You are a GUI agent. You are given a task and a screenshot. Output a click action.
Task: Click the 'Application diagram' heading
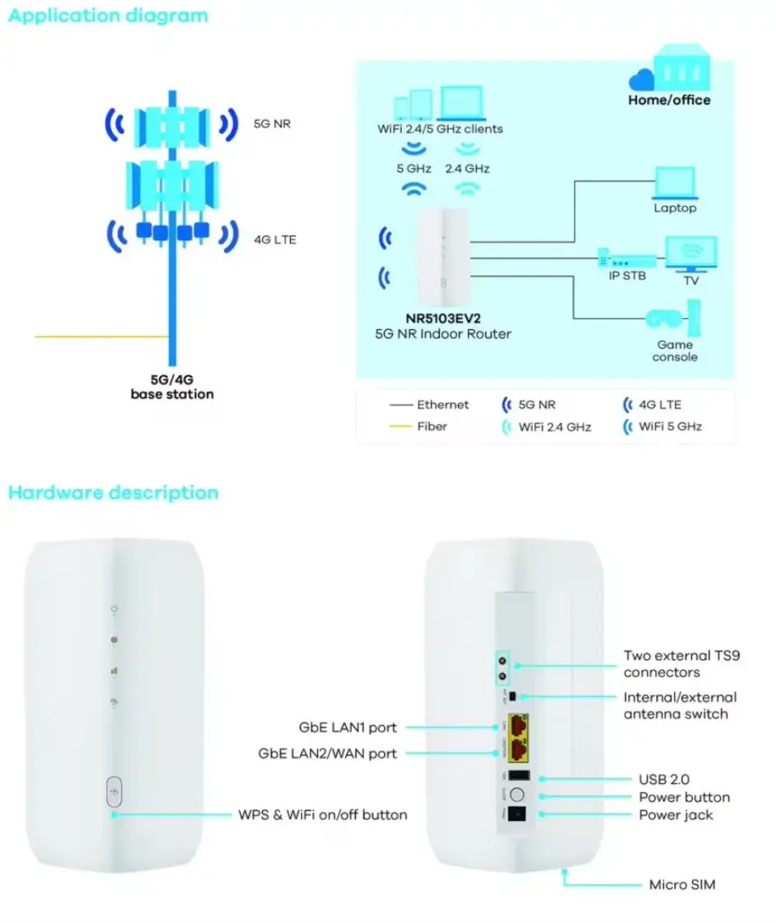tap(108, 16)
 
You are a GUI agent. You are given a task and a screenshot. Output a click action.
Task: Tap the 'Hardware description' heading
tap(113, 493)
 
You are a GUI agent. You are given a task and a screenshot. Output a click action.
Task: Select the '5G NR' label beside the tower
tap(272, 125)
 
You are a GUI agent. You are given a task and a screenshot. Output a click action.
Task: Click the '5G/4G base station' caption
tap(172, 387)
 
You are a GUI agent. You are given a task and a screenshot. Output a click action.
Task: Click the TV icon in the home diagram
tap(691, 254)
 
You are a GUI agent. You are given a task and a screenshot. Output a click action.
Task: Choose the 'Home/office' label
tap(669, 100)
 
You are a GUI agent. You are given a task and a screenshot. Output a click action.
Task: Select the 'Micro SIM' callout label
tap(682, 884)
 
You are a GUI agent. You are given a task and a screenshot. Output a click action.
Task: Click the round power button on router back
tap(518, 795)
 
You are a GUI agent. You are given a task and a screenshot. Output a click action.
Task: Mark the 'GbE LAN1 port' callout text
tap(349, 728)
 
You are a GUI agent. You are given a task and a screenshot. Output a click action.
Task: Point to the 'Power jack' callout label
tap(676, 814)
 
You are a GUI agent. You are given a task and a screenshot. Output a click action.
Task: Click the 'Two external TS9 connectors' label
tap(679, 664)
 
